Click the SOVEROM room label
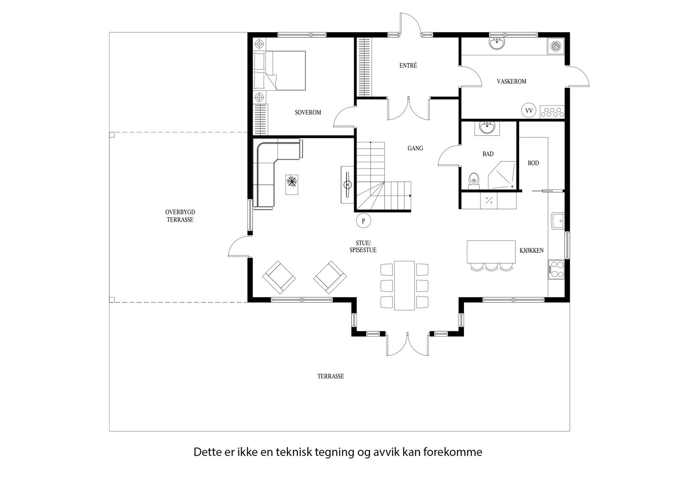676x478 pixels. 308,112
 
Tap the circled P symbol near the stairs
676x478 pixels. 363,220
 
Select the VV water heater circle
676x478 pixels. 528,111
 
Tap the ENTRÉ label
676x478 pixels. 408,66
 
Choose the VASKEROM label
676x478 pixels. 511,81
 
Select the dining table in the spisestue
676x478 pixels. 404,285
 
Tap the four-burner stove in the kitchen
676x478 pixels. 556,269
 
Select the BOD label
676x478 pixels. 533,163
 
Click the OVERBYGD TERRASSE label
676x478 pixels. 180,216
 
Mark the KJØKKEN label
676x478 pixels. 531,251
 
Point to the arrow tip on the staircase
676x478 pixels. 411,196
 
